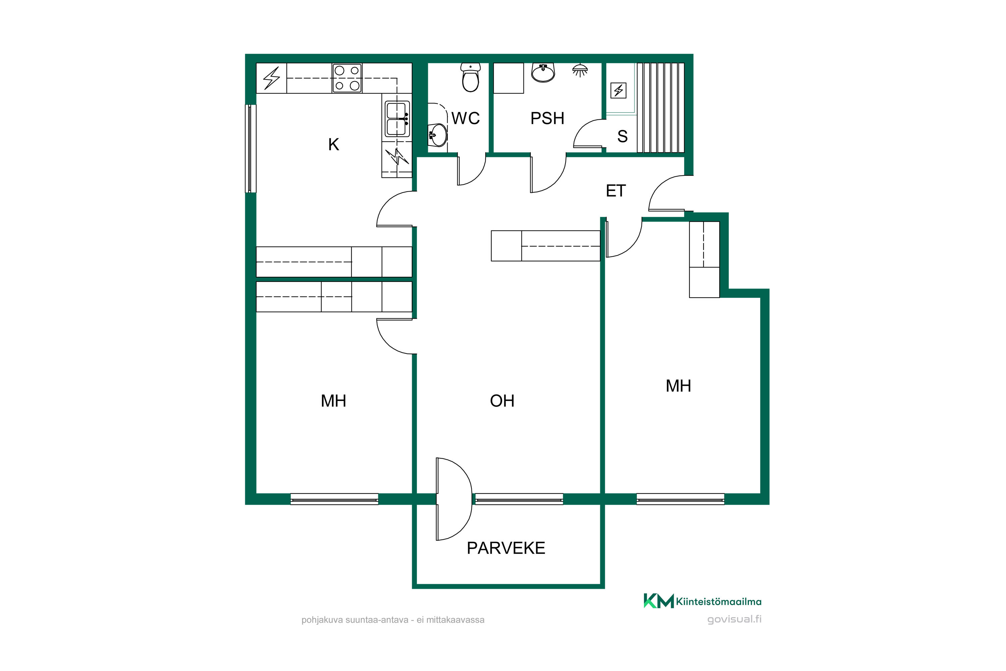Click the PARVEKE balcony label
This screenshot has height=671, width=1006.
tap(506, 548)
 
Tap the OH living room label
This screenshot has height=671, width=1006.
tap(502, 401)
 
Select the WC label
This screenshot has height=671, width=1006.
tap(466, 118)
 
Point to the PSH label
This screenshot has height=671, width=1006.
tap(548, 118)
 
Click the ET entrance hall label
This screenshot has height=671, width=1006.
tap(616, 191)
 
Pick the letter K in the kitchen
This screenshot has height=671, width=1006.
tap(334, 145)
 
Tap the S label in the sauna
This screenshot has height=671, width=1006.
tap(622, 137)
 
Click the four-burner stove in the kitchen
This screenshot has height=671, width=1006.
tap(347, 78)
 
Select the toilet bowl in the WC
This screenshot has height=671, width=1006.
tap(470, 78)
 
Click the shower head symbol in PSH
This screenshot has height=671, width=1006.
tap(580, 70)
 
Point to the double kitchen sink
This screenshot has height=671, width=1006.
tap(397, 118)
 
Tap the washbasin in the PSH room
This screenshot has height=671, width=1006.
tap(543, 72)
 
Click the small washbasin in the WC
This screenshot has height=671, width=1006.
tap(438, 135)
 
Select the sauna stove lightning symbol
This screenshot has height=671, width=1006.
tap(618, 90)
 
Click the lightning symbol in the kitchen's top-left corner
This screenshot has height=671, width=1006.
tap(272, 78)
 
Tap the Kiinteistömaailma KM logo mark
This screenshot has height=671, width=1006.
tap(659, 601)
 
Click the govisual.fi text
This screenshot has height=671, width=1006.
tap(734, 619)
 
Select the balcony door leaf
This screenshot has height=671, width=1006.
tap(438, 499)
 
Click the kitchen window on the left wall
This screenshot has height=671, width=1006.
tap(250, 149)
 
